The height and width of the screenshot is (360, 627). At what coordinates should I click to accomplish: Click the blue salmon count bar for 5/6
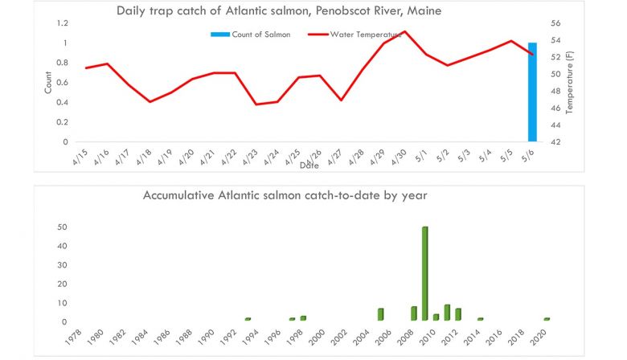(x=532, y=92)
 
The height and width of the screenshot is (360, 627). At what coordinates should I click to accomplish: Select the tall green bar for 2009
(x=424, y=273)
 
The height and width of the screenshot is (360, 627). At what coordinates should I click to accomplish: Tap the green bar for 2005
(x=380, y=314)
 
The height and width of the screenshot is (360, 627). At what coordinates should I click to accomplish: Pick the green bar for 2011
(x=447, y=312)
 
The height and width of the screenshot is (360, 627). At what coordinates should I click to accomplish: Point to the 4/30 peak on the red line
(x=404, y=31)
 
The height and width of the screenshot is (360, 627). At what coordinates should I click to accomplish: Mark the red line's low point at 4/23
(x=256, y=104)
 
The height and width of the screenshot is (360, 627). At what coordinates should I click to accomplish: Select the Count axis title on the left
(x=47, y=84)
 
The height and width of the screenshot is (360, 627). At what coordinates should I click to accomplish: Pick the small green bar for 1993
(x=248, y=319)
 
